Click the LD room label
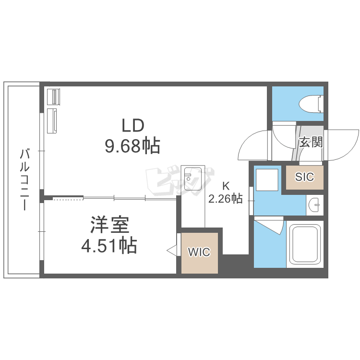[x=133, y=125]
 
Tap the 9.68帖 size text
[x=132, y=146]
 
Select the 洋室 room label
[x=110, y=225]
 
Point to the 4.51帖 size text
[x=109, y=245]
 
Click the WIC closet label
[x=199, y=252]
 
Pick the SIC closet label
[x=304, y=177]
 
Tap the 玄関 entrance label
[x=311, y=142]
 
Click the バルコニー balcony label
[x=24, y=180]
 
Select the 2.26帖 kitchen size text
[x=225, y=199]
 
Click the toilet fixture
[x=311, y=104]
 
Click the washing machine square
[x=267, y=180]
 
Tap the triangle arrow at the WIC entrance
[x=171, y=251]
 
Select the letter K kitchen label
[x=226, y=186]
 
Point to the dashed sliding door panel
[x=68, y=198]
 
